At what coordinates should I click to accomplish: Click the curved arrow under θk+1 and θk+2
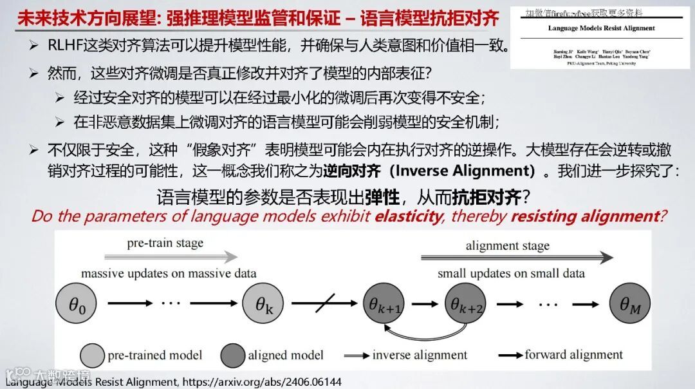tap(425, 332)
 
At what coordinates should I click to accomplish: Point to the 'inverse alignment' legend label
tap(420, 355)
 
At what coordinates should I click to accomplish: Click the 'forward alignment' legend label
tap(573, 354)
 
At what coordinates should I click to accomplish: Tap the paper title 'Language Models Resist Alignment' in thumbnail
tap(601, 28)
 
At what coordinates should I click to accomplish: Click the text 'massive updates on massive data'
tap(169, 274)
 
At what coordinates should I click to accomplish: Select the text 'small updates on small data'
tap(511, 274)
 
